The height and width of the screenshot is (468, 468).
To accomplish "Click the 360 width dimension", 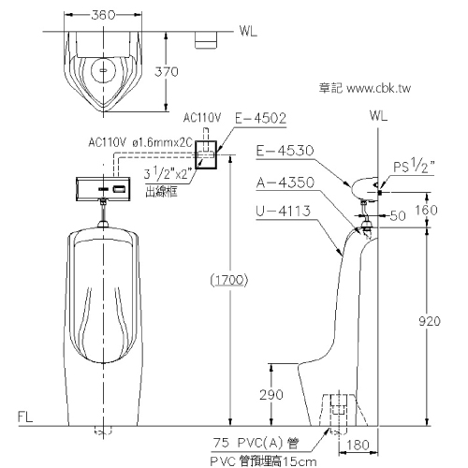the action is coord(103,15).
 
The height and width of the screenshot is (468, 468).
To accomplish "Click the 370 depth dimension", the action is coord(167,72).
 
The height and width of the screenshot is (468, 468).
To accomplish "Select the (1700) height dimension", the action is coord(229,280).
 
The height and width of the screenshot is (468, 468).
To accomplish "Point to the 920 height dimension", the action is coord(430,321).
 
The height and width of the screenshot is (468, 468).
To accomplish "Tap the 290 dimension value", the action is coord(271,395).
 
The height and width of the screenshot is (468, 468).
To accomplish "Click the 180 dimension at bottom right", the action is coord(358,445).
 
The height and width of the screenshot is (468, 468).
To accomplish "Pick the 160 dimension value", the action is coord(426,210).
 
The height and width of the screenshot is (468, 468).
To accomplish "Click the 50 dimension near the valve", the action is coord(398,215).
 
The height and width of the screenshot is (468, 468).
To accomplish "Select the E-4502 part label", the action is coord(260,118).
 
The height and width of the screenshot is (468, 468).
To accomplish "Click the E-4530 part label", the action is coord(285,151).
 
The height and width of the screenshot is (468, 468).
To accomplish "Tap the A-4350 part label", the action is coord(285,183).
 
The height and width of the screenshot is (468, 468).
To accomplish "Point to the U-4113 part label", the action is coord(284,212).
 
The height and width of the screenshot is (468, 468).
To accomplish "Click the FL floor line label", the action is coord(25,417).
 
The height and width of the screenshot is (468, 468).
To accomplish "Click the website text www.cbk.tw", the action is coord(378,88).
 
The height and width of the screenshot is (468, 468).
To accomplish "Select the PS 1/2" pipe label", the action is coord(414,166).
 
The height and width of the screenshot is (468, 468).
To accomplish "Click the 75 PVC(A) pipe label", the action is coord(256,443).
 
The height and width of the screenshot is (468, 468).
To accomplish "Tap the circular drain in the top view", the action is coord(104,70).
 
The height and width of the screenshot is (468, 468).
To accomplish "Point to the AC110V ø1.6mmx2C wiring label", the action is coord(140,142).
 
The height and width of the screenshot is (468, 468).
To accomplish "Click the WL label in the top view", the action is coord(248,31).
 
